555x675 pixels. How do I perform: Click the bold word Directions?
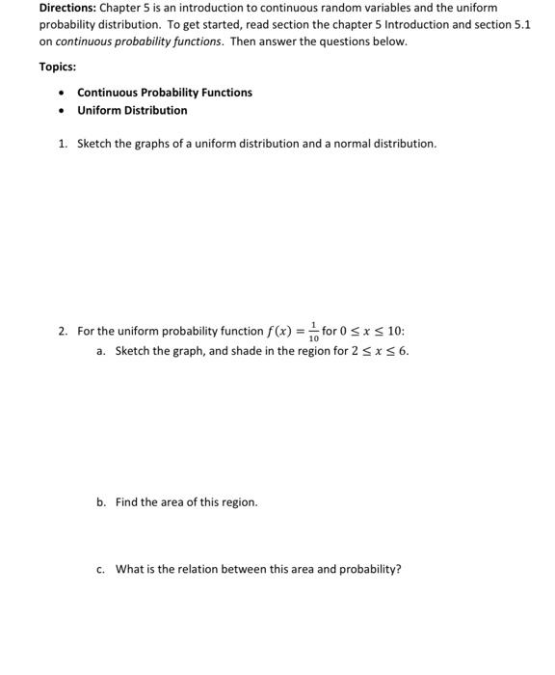coord(67,8)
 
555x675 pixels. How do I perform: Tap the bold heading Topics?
coord(58,67)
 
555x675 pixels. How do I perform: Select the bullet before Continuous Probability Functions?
coord(62,94)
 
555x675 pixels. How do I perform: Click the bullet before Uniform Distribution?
coord(62,111)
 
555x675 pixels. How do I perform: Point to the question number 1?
coord(62,144)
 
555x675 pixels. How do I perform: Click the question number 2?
coord(62,332)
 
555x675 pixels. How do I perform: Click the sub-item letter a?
coord(100,351)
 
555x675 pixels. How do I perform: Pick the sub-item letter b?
coord(100,502)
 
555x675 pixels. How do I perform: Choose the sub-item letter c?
coord(100,569)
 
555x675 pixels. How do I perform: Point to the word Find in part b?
coord(126,502)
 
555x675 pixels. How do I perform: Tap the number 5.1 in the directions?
coord(520,24)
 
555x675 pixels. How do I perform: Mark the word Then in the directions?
coord(243,41)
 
